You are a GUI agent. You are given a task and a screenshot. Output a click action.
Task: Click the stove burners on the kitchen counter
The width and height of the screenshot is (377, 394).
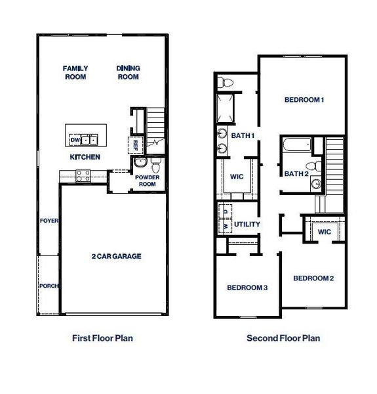(84, 175)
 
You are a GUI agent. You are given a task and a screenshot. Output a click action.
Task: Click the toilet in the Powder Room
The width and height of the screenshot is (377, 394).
(155, 163)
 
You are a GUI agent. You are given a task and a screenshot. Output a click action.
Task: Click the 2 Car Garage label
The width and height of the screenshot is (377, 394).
(116, 256)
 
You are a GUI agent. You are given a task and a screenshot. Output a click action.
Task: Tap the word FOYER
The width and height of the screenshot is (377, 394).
(49, 221)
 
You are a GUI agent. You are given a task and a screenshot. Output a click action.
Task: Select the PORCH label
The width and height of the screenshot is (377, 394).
(49, 286)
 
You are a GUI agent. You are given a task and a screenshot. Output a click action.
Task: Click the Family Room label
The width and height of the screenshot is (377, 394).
(75, 72)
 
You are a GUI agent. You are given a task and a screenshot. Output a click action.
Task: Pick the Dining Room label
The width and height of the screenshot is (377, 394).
(129, 72)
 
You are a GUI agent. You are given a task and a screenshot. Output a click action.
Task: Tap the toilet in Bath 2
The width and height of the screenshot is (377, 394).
(317, 165)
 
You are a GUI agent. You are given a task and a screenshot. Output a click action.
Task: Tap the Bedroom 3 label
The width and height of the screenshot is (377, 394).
(247, 288)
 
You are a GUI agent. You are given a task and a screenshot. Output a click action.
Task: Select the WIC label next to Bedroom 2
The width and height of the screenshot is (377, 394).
(324, 232)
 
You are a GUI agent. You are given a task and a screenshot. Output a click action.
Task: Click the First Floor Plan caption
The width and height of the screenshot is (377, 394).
(107, 339)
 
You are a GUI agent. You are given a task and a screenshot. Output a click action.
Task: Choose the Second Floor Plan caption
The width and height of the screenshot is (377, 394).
(283, 339)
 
